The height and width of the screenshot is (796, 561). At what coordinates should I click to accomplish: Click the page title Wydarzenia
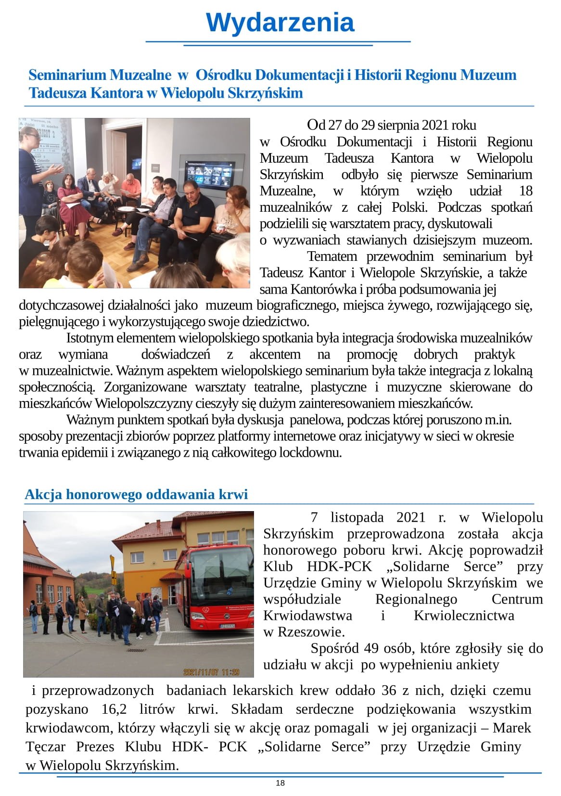pyautogui.click(x=280, y=23)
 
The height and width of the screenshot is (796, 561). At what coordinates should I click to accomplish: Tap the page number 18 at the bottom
pyautogui.click(x=280, y=783)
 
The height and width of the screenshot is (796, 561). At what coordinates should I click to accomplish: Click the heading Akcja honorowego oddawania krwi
pyautogui.click(x=136, y=494)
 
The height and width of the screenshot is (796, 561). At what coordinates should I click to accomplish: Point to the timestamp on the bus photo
pyautogui.click(x=211, y=671)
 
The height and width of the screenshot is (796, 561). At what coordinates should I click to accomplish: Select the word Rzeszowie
pyautogui.click(x=311, y=631)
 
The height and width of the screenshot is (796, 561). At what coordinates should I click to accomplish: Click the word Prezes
pyautogui.click(x=95, y=746)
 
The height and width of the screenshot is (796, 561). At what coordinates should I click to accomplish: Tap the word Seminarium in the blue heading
pyautogui.click(x=67, y=75)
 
